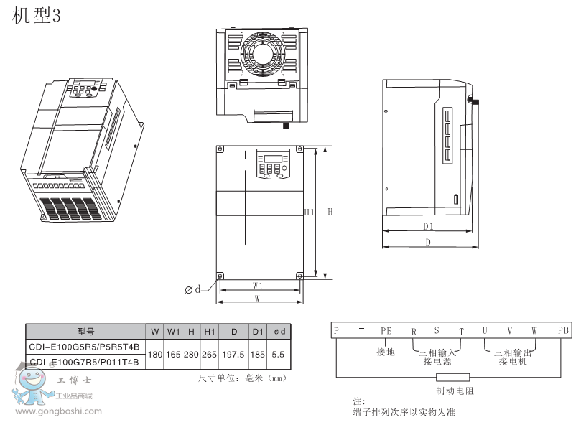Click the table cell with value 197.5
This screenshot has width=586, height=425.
click(x=234, y=355)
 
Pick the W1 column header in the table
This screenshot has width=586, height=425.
click(x=173, y=332)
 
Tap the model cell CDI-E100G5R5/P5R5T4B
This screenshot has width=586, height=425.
click(x=84, y=347)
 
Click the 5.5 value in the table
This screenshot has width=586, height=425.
click(x=279, y=355)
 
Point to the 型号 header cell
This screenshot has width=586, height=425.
click(x=85, y=332)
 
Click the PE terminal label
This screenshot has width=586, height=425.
click(x=386, y=331)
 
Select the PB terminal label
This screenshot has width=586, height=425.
click(x=564, y=331)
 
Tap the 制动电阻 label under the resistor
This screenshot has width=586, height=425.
click(x=455, y=391)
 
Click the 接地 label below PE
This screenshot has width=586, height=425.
click(x=386, y=352)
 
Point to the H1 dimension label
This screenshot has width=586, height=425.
click(x=310, y=212)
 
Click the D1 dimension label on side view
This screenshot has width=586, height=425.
click(x=428, y=226)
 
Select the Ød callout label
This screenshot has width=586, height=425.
click(x=192, y=289)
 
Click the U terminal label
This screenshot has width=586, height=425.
click(x=485, y=331)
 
